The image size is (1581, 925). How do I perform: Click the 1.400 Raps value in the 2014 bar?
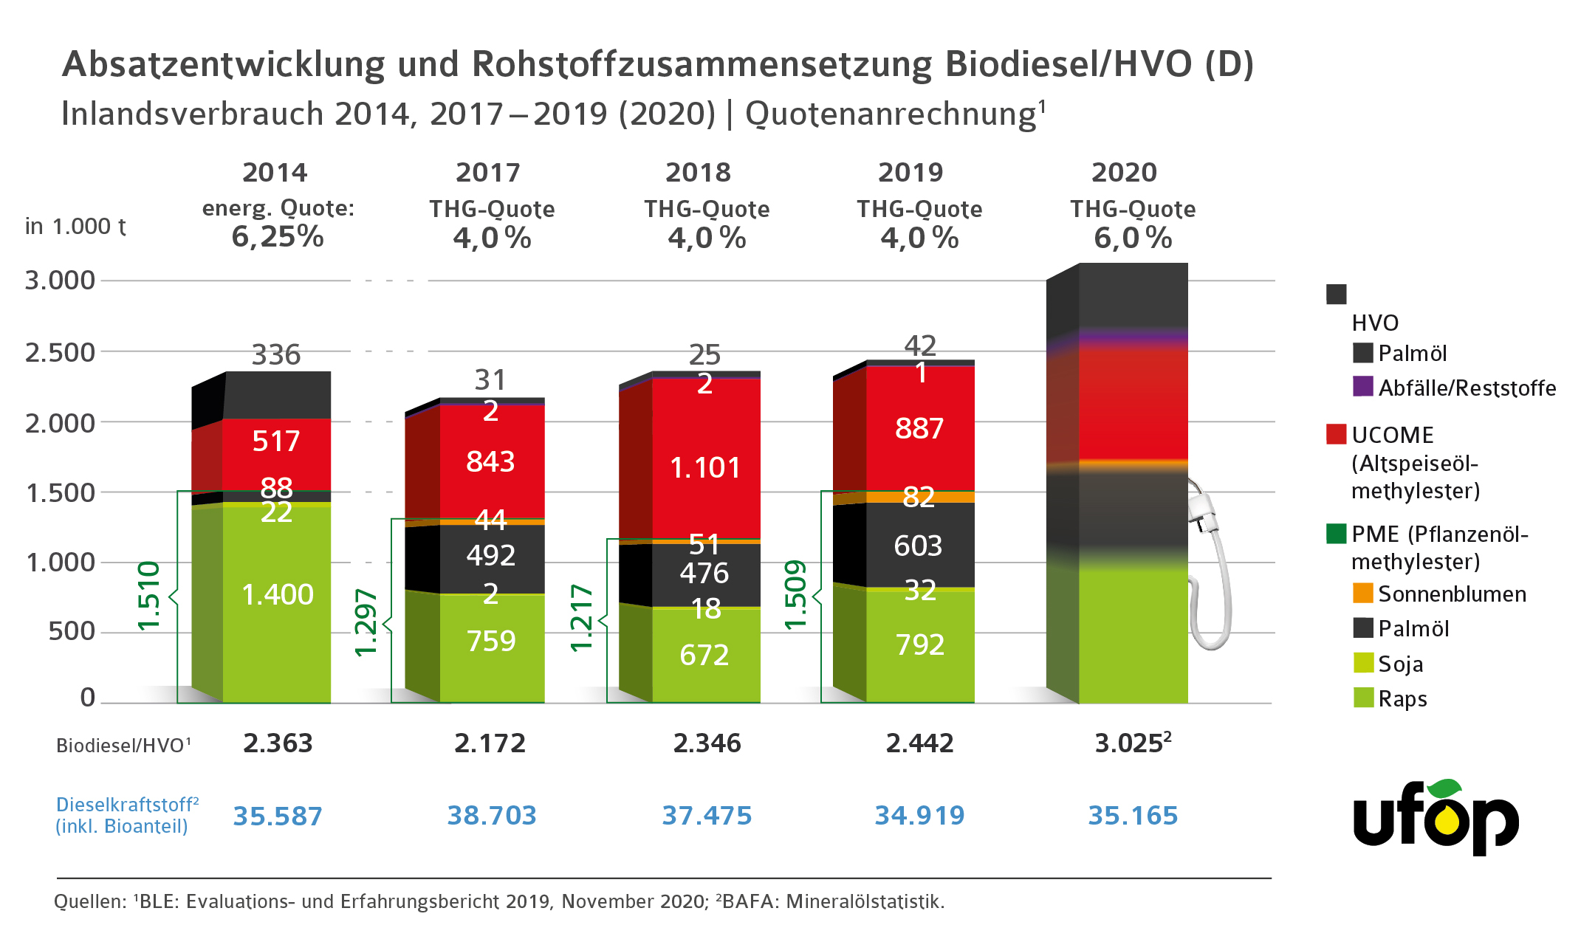(x=278, y=594)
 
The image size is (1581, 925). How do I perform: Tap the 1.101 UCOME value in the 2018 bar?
(x=704, y=467)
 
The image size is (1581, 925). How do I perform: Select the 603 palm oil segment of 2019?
(x=918, y=546)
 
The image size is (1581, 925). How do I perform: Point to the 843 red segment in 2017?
(x=490, y=461)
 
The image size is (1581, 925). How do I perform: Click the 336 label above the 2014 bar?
(x=276, y=355)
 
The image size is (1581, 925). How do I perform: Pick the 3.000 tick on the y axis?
(x=61, y=281)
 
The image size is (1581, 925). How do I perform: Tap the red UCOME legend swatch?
(x=1336, y=434)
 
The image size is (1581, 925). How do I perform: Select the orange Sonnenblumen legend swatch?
(x=1362, y=593)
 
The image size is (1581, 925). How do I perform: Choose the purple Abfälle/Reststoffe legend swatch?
(x=1362, y=386)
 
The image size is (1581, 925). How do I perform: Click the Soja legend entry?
(x=1400, y=664)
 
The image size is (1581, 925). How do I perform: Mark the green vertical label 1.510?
(x=149, y=596)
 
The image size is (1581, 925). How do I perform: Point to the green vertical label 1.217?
(x=581, y=618)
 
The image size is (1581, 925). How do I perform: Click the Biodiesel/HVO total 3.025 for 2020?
(x=1132, y=743)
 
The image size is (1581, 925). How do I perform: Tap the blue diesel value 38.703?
(x=492, y=815)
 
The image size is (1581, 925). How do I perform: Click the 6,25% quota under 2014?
(x=278, y=237)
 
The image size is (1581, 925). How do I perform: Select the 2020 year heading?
(x=1124, y=173)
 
